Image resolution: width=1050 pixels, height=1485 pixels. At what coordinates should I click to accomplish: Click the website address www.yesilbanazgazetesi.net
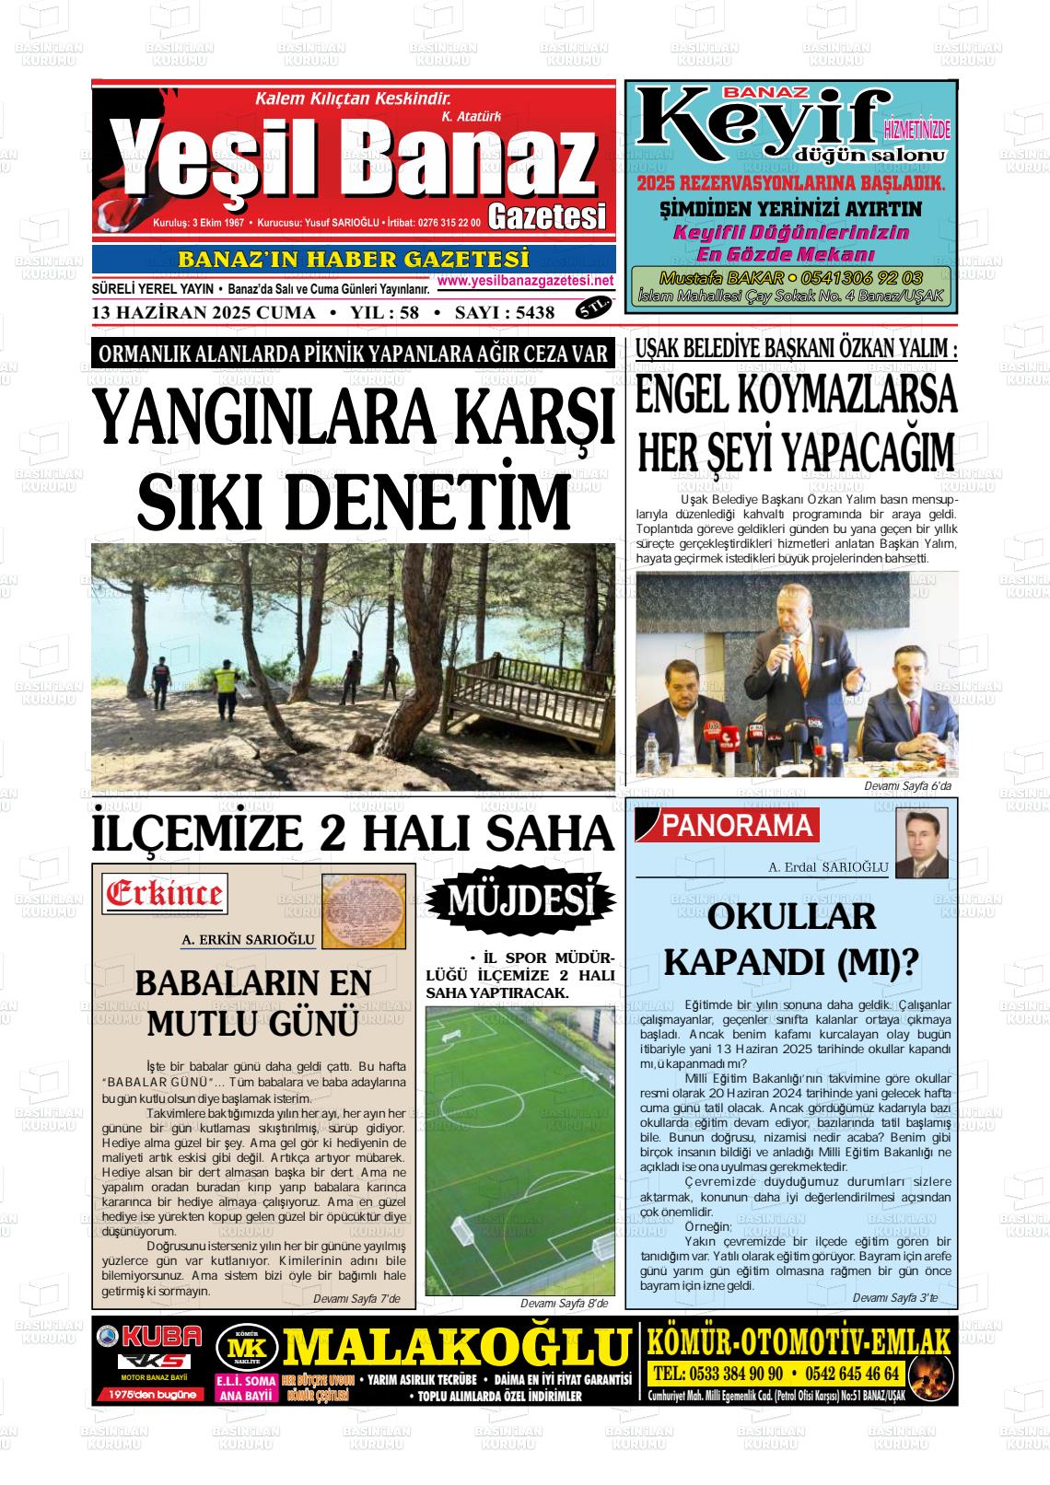tap(525, 281)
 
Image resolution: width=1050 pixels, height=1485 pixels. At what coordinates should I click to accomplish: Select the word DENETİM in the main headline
tap(433, 501)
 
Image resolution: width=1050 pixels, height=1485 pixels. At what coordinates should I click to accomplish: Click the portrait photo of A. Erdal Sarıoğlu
tap(921, 843)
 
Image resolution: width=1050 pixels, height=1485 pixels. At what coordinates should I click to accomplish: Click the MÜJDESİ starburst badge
tap(520, 900)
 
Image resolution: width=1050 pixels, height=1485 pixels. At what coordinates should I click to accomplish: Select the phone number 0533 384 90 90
tap(717, 1374)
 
